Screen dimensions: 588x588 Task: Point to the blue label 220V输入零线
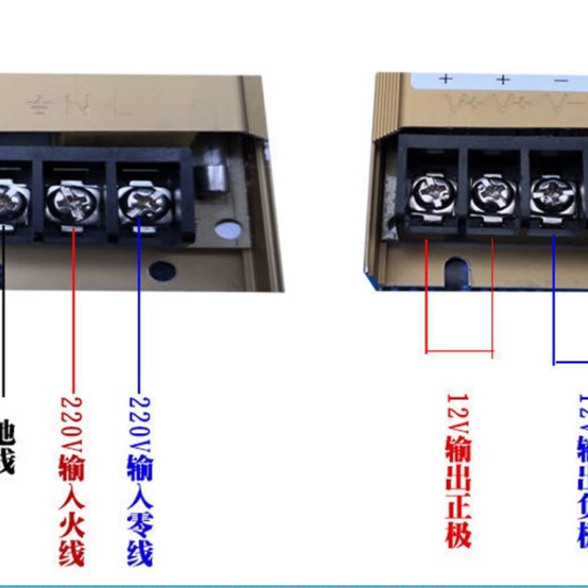(140, 481)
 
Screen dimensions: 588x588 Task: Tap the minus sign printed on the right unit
(561, 79)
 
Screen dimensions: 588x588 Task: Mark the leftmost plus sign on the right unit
(446, 79)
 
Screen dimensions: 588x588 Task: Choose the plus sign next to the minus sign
(503, 79)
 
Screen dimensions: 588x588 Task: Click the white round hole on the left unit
(227, 230)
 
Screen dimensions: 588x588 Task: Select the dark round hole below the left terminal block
(162, 270)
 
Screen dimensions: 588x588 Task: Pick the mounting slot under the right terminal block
(456, 270)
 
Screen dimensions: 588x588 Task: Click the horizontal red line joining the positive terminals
(459, 351)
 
